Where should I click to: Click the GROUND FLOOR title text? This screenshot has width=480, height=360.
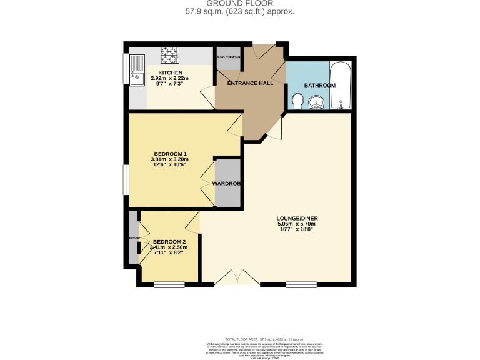click(240, 4)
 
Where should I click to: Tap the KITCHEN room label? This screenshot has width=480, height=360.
click(152, 72)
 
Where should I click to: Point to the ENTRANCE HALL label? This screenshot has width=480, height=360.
click(249, 83)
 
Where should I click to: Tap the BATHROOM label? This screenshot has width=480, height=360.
click(319, 85)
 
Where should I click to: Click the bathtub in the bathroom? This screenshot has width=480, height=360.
click(341, 85)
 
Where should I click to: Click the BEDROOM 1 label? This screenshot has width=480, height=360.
click(170, 154)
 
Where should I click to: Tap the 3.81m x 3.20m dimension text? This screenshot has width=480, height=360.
click(170, 159)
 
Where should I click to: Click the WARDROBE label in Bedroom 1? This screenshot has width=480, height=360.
click(227, 184)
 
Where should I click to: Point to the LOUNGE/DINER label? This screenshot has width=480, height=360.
click(297, 218)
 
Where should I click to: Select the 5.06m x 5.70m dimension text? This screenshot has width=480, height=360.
click(297, 224)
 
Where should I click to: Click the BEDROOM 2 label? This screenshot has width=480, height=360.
click(169, 242)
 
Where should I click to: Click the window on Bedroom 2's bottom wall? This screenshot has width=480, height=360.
click(169, 285)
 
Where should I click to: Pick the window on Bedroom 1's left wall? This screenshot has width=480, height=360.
click(126, 182)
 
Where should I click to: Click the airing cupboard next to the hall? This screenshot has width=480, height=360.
click(228, 58)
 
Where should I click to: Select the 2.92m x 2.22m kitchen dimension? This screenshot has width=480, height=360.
click(152, 78)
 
